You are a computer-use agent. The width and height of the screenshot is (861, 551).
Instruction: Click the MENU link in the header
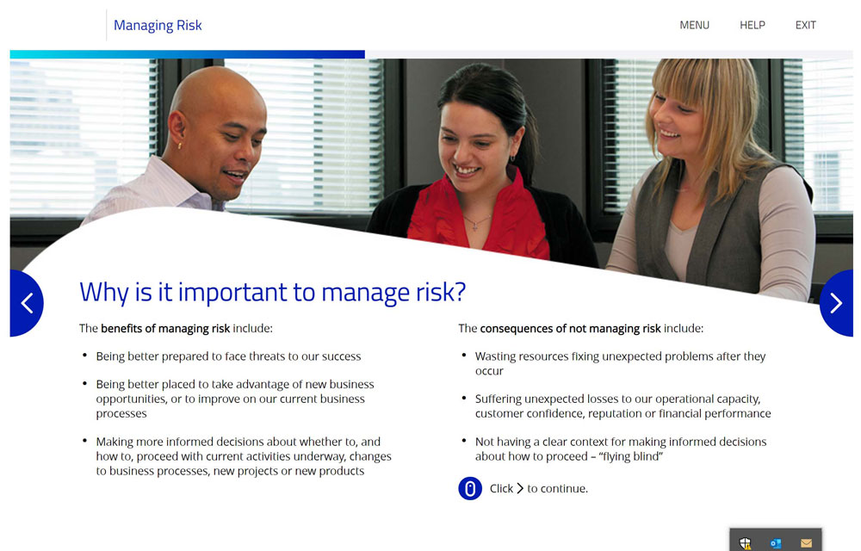pyautogui.click(x=694, y=25)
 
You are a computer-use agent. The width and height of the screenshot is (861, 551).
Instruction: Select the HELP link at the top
pyautogui.click(x=753, y=25)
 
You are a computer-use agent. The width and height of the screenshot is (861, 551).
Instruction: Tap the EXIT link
pyautogui.click(x=806, y=25)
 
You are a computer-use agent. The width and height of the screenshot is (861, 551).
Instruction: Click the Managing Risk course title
pyautogui.click(x=158, y=26)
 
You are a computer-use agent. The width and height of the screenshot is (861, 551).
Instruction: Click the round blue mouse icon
pyautogui.click(x=470, y=488)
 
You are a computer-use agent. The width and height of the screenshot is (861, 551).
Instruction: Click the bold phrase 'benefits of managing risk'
pyautogui.click(x=165, y=328)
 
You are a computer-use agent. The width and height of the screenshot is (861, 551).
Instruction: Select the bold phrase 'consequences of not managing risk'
pyautogui.click(x=570, y=328)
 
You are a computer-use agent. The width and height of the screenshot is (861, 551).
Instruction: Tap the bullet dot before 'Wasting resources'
pyautogui.click(x=464, y=356)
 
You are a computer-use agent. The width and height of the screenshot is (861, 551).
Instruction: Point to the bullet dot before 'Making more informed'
pyautogui.click(x=84, y=441)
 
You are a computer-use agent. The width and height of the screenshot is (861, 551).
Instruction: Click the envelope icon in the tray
pyautogui.click(x=806, y=543)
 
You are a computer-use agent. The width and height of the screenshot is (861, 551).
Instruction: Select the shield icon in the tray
pyautogui.click(x=745, y=543)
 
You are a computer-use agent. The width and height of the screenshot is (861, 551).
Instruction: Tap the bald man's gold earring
pyautogui.click(x=179, y=146)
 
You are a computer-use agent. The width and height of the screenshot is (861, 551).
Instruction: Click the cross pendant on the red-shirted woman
pyautogui.click(x=475, y=226)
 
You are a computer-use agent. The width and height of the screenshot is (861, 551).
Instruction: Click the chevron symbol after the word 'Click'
pyautogui.click(x=520, y=488)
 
